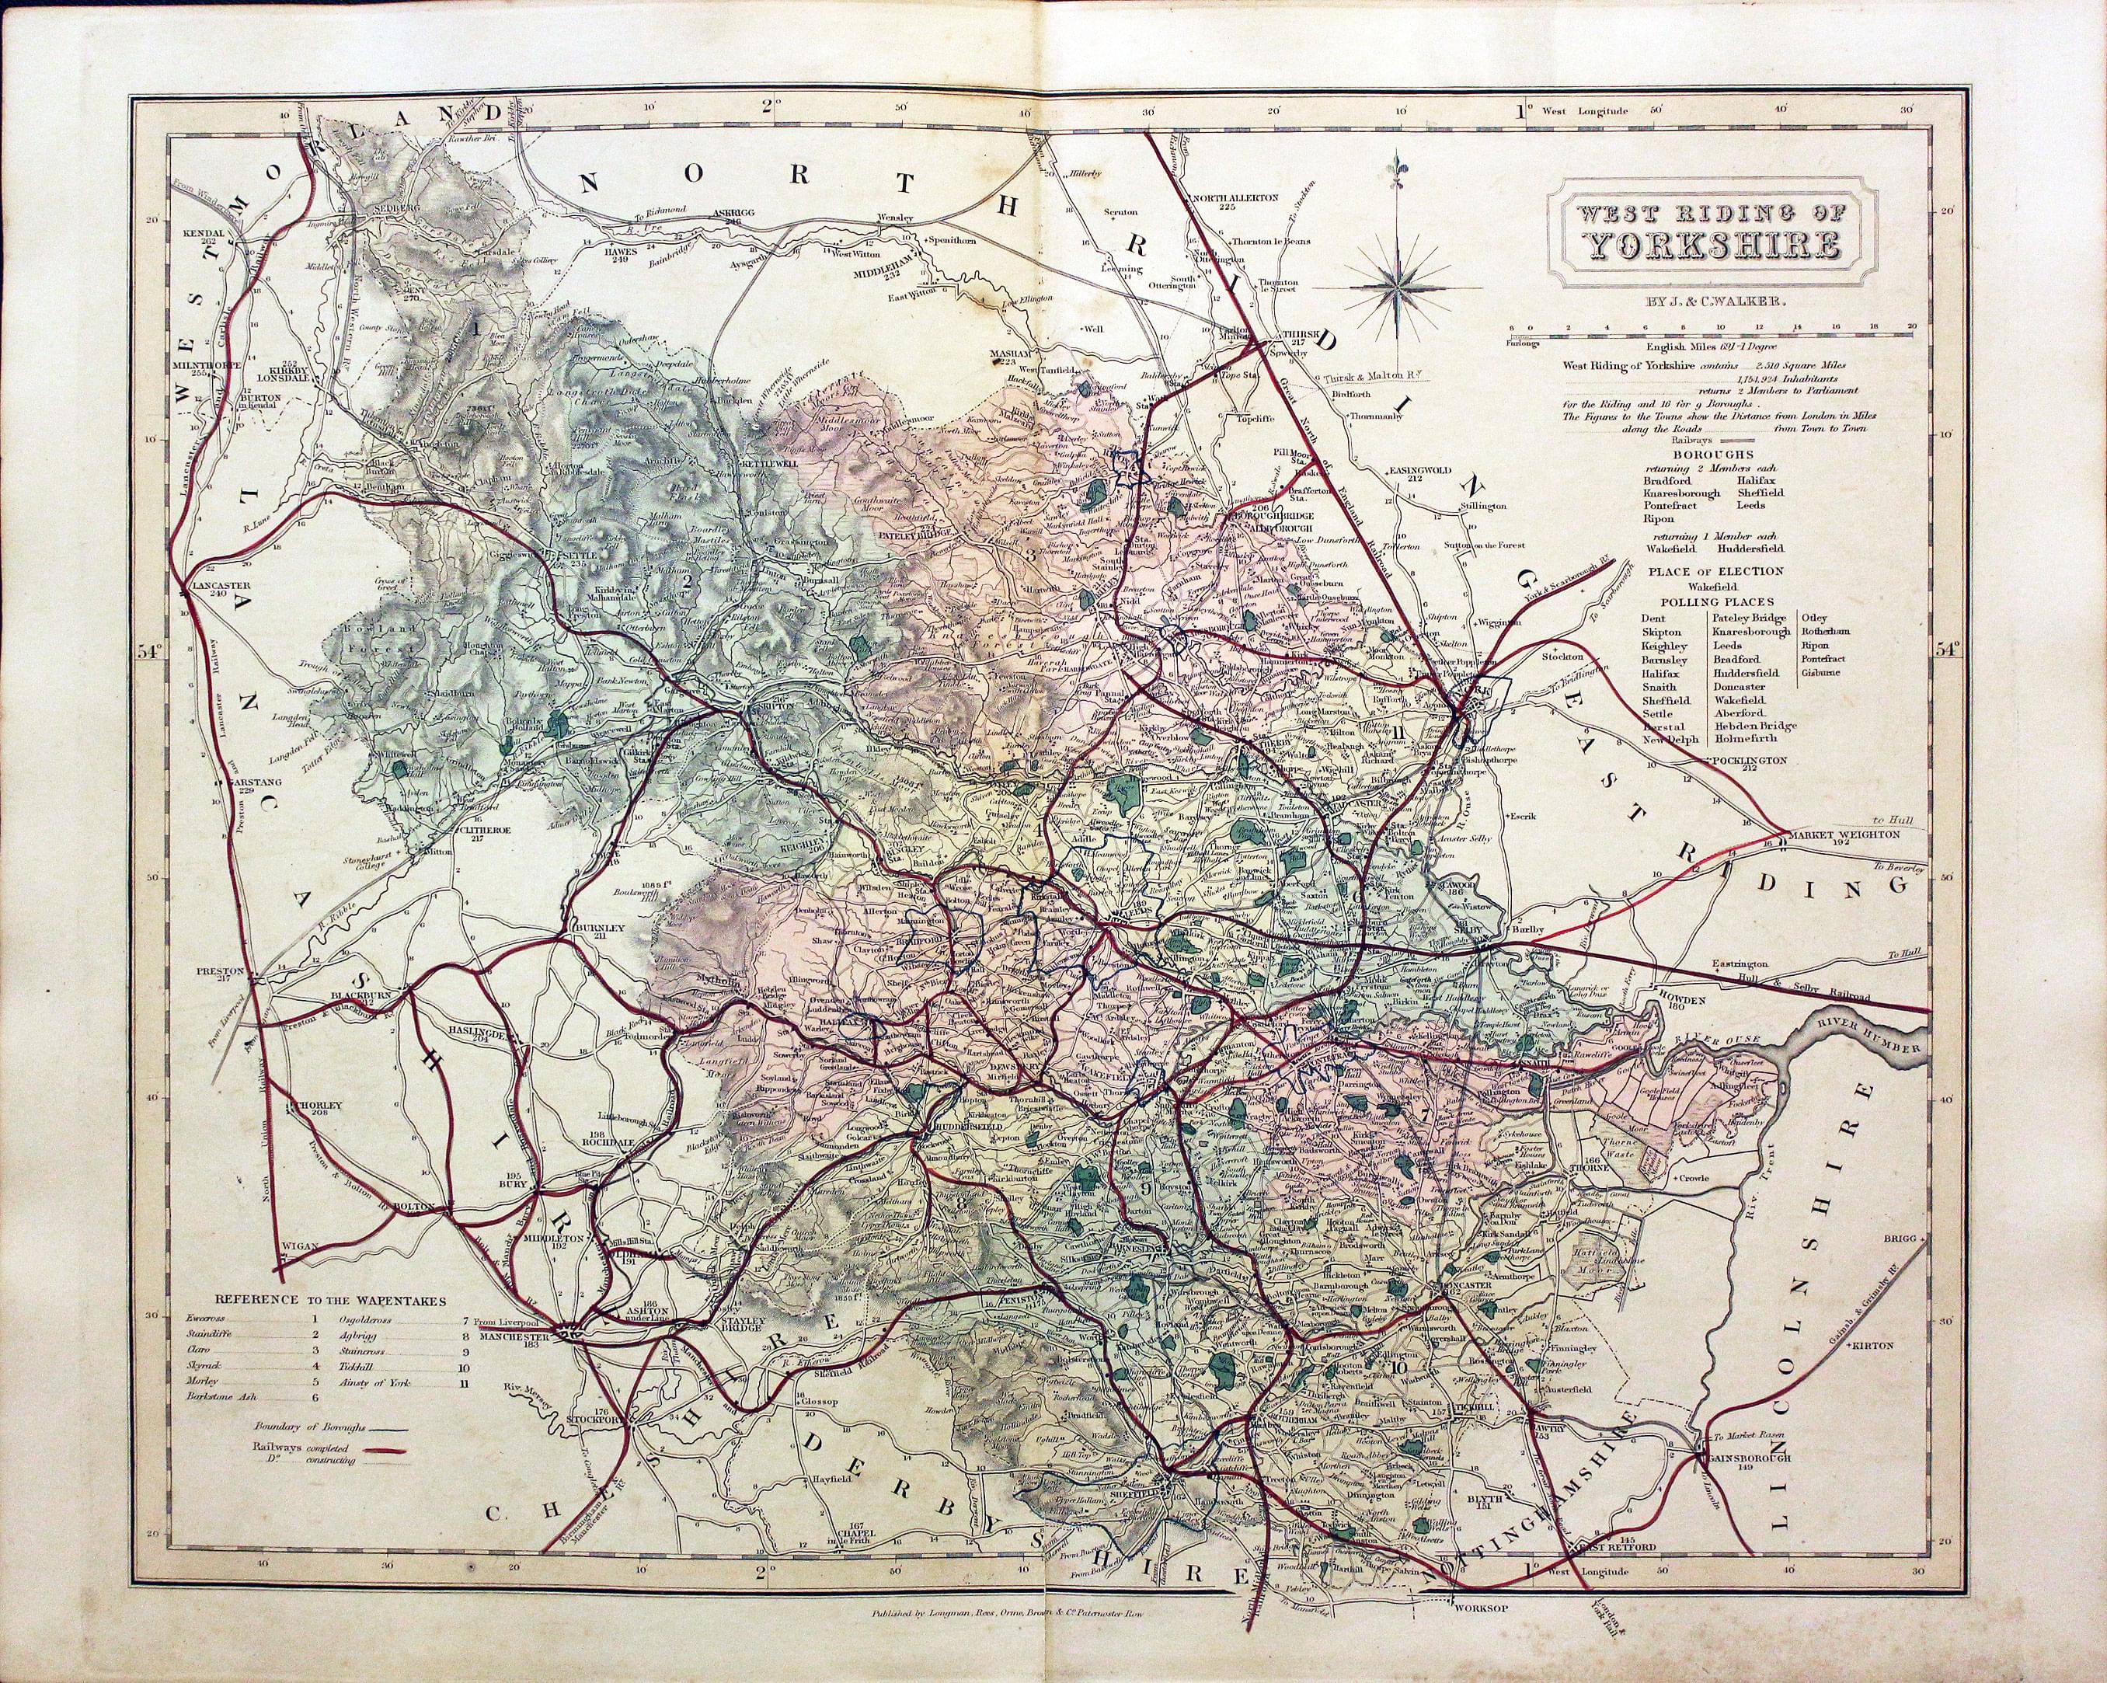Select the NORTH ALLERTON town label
1228,197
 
